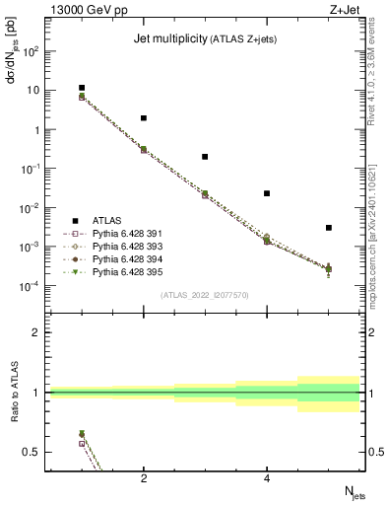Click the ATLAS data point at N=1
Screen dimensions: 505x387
click(x=82, y=88)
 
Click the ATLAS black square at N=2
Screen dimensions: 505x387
click(x=144, y=118)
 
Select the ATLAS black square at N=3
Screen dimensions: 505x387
click(x=205, y=156)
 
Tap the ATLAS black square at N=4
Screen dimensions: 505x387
click(x=267, y=193)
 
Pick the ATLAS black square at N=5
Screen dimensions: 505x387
click(x=329, y=228)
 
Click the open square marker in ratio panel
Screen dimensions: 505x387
click(x=82, y=444)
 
